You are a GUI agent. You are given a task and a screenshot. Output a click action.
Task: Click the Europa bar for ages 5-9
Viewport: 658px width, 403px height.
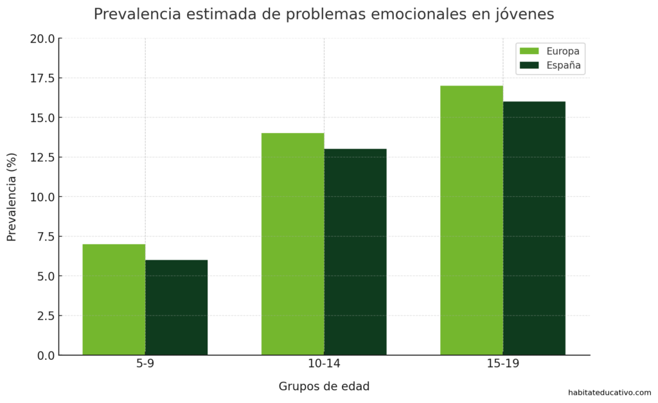114,300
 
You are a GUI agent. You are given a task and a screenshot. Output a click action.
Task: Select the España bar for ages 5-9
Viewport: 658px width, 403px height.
176,307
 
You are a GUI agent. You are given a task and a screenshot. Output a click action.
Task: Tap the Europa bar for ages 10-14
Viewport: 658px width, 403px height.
292,244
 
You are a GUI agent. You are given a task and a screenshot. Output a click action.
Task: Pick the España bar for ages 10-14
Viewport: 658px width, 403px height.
355,252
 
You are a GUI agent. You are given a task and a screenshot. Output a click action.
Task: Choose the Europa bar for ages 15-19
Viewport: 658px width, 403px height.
471,220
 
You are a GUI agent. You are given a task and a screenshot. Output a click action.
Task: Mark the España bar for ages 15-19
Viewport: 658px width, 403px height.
534,228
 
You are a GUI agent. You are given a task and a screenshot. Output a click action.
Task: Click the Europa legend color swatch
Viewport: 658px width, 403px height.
529,51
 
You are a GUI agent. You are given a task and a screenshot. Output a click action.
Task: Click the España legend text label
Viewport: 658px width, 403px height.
564,65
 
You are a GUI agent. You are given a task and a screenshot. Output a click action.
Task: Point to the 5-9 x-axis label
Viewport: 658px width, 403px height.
145,364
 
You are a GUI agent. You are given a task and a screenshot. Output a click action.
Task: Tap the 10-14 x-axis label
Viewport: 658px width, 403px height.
324,364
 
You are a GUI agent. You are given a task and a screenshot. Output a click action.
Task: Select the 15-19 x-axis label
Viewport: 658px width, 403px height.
502,364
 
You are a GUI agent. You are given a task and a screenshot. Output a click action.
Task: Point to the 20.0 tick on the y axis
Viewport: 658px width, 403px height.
42,39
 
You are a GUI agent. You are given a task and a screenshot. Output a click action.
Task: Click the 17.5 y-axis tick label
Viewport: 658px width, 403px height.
42,78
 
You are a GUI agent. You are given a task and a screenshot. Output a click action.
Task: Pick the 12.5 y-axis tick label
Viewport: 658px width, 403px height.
42,157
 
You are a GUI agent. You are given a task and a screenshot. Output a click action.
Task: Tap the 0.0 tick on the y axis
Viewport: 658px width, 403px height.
45,355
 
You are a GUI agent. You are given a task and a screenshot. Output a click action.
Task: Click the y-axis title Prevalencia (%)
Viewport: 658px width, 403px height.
12,197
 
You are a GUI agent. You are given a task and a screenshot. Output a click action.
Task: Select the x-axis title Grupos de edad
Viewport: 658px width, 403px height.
324,386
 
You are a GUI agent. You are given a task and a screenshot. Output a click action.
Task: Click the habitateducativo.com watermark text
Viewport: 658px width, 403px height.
609,393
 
